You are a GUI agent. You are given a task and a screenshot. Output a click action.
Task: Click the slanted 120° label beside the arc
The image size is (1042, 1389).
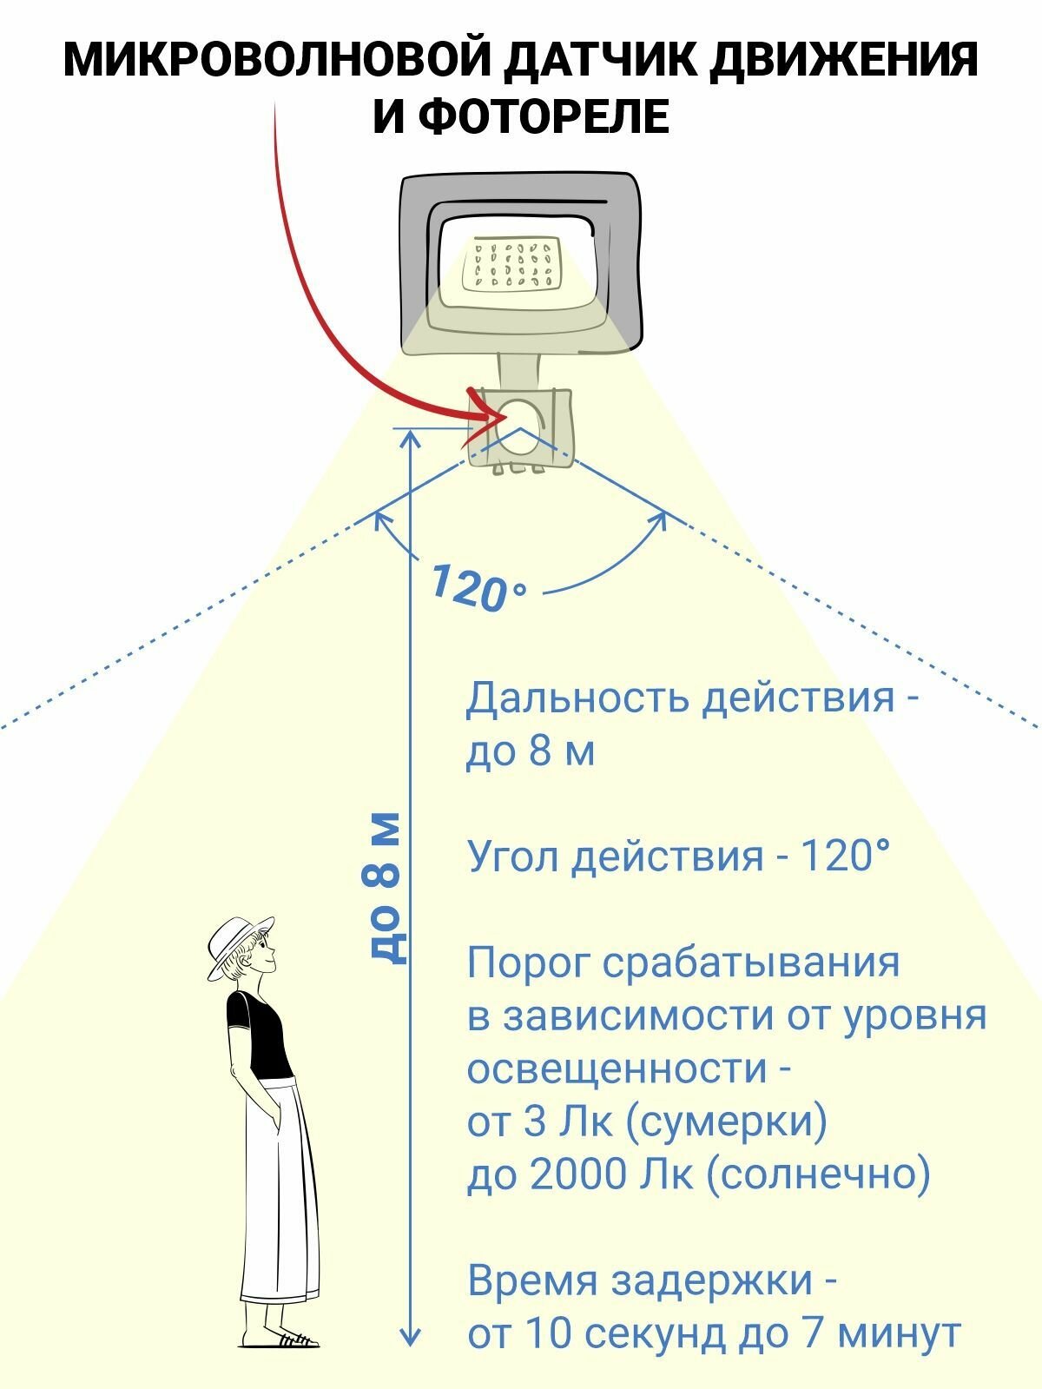[477, 588]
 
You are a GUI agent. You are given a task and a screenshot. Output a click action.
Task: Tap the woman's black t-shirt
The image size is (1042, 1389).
[258, 1034]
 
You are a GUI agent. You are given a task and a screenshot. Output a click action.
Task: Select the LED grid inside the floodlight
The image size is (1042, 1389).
[511, 265]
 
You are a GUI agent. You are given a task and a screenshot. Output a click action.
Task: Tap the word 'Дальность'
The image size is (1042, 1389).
[577, 698]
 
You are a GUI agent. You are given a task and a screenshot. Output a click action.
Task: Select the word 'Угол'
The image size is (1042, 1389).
[513, 857]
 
